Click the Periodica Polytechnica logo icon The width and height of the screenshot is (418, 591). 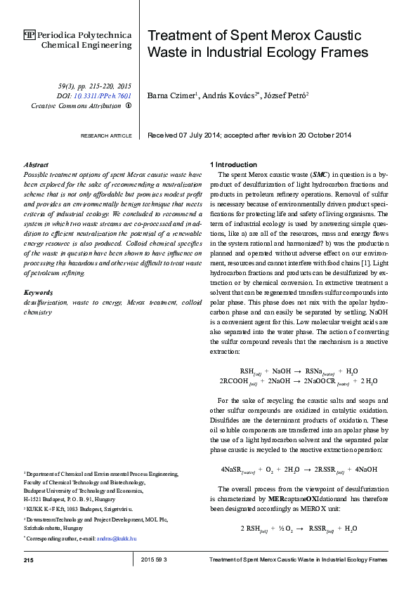[29, 34]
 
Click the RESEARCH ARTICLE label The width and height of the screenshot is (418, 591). [105, 135]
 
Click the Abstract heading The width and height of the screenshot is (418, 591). [36, 164]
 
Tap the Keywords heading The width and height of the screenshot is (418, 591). [39, 291]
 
